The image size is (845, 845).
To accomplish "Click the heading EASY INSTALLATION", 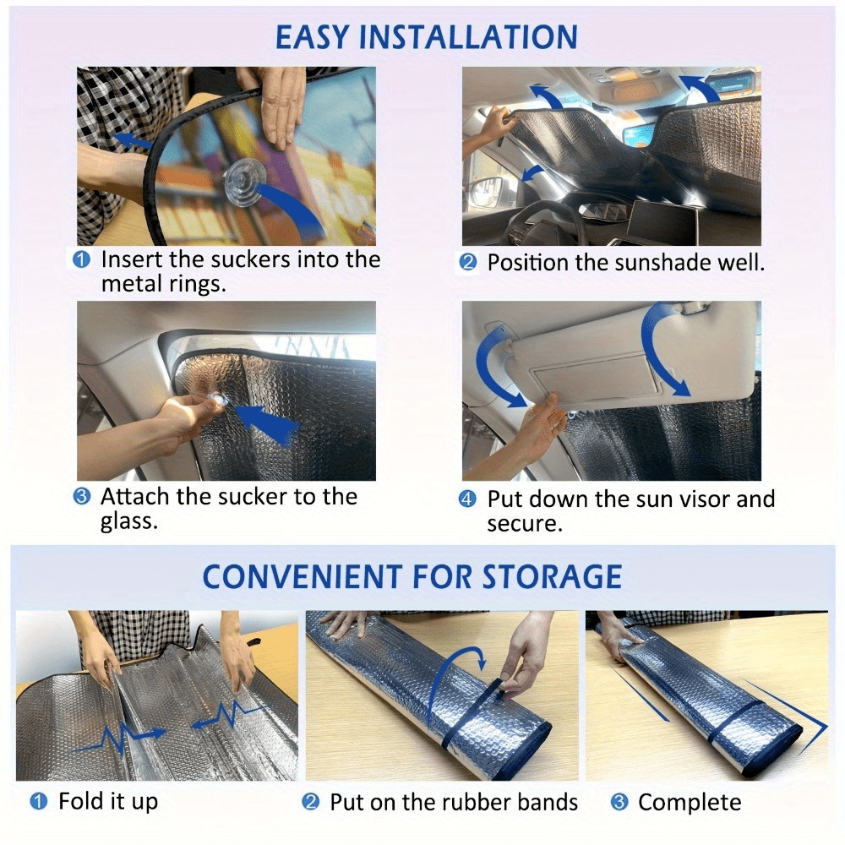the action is [x=426, y=36].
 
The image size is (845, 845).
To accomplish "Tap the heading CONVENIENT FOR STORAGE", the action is [x=412, y=576].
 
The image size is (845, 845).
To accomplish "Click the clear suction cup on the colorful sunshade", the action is [x=245, y=183].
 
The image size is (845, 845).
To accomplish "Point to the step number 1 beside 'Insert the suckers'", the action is [x=81, y=259].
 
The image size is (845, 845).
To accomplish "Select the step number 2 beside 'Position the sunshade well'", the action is [x=467, y=263].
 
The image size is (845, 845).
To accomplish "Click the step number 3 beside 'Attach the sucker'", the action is [x=81, y=496].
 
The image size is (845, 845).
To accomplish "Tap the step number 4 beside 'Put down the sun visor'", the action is [x=467, y=499].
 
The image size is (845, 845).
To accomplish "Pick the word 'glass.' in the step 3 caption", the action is [x=129, y=521].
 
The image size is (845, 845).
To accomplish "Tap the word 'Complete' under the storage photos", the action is [x=690, y=803].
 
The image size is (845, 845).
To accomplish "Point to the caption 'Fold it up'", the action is [x=108, y=801].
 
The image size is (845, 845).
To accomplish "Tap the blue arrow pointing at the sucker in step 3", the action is [x=266, y=423].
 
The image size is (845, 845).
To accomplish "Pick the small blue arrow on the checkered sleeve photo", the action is [x=132, y=141].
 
